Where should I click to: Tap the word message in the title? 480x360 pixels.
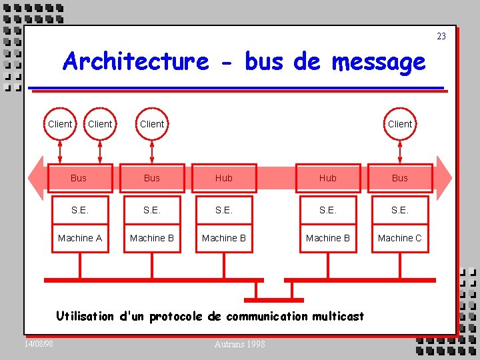(x=378, y=62)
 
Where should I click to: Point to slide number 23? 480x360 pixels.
(x=441, y=36)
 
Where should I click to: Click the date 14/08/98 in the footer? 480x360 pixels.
(x=39, y=343)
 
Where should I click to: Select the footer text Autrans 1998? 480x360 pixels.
(x=239, y=344)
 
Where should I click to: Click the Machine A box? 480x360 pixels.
(x=80, y=238)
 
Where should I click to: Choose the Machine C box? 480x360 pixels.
(x=399, y=238)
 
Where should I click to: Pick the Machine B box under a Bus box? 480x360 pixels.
(x=152, y=238)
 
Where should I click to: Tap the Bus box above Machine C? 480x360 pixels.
(x=399, y=178)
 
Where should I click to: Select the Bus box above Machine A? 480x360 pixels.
(x=79, y=178)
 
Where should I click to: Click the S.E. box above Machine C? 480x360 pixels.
(x=399, y=209)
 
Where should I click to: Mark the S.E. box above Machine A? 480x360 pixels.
(x=79, y=209)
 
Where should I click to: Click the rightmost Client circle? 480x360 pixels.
(x=399, y=123)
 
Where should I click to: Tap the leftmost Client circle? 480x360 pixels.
(x=60, y=123)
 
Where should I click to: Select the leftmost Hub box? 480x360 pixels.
(x=224, y=178)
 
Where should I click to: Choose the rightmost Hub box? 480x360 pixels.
(x=327, y=178)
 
